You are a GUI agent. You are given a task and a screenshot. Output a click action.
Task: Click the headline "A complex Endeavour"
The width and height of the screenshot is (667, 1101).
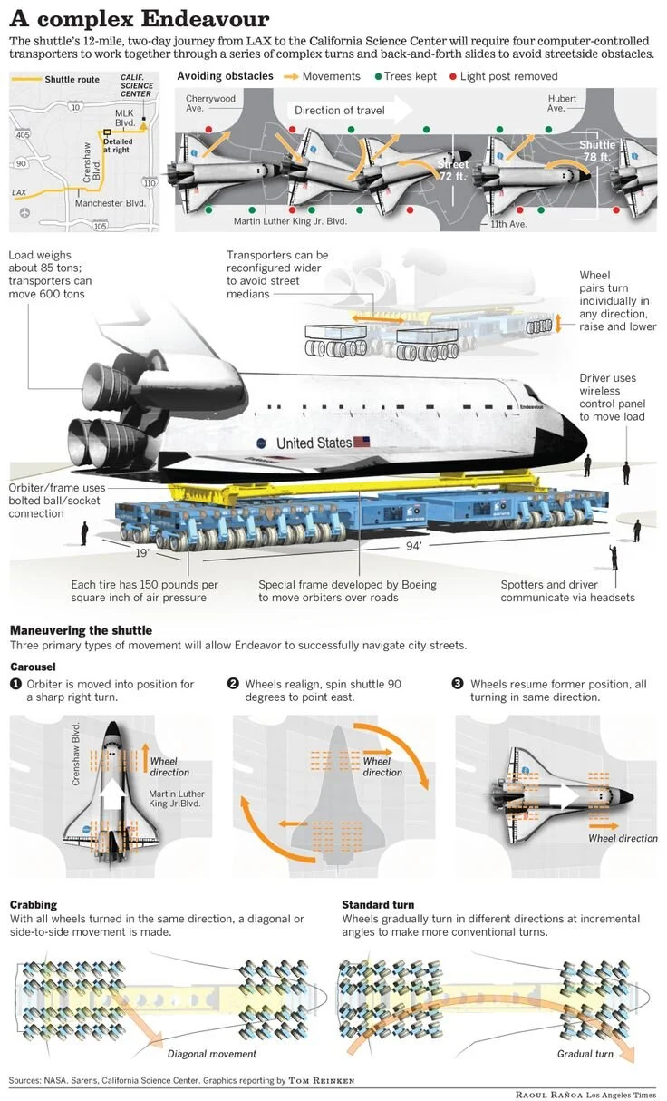(139, 20)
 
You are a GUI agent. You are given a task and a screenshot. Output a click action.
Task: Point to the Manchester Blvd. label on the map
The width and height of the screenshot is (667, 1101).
(110, 203)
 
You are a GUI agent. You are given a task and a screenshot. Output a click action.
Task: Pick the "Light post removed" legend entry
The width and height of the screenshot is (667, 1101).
(507, 77)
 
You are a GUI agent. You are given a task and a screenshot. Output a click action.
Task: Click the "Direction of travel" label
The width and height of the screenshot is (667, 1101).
(339, 111)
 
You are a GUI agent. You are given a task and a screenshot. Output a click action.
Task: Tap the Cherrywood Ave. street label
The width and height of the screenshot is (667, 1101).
(210, 102)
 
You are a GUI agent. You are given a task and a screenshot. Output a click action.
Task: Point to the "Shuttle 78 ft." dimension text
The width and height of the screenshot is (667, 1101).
(597, 151)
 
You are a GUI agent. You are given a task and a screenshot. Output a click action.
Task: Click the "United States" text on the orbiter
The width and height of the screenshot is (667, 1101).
(314, 443)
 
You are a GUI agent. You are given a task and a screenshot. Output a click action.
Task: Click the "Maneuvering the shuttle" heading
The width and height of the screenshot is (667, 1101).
(81, 630)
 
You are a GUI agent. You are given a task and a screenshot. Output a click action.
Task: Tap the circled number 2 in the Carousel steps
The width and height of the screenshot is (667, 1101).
(233, 684)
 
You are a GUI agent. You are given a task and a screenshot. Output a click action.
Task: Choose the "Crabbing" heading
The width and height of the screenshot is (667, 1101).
(34, 904)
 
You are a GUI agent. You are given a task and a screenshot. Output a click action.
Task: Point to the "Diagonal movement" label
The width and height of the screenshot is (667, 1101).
(211, 1054)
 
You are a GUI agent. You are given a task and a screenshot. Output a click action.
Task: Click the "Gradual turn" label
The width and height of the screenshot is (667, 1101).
(585, 1054)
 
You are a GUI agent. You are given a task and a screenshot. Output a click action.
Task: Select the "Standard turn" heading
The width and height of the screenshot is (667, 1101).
(378, 904)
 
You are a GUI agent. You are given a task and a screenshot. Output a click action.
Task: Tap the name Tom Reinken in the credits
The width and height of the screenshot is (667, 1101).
(323, 1081)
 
